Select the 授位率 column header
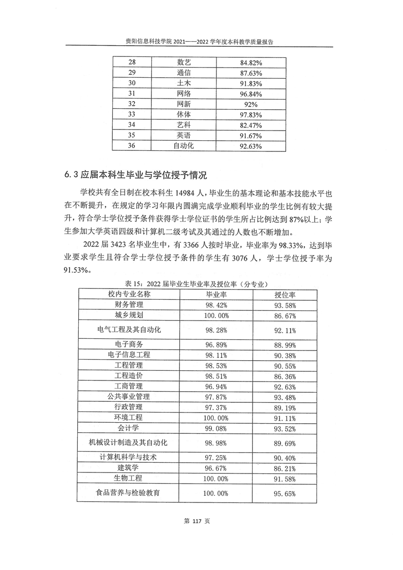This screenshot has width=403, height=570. pos(285,295)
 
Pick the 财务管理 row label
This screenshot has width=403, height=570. pos(129,305)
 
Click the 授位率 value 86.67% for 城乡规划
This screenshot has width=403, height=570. pos(285,315)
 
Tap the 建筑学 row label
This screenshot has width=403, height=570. pos(129,467)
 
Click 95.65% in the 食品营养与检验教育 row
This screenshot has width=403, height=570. pos(285,493)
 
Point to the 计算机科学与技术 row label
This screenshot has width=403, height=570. pos(129,457)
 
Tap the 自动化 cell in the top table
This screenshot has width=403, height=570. pos(183,146)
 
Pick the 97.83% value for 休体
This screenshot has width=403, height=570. pos(250,115)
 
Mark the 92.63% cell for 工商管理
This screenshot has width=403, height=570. pos(285,387)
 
